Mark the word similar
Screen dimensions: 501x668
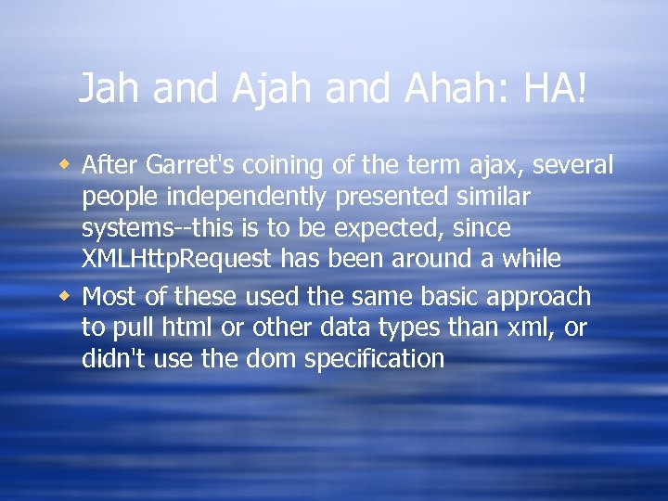[x=498, y=196]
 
